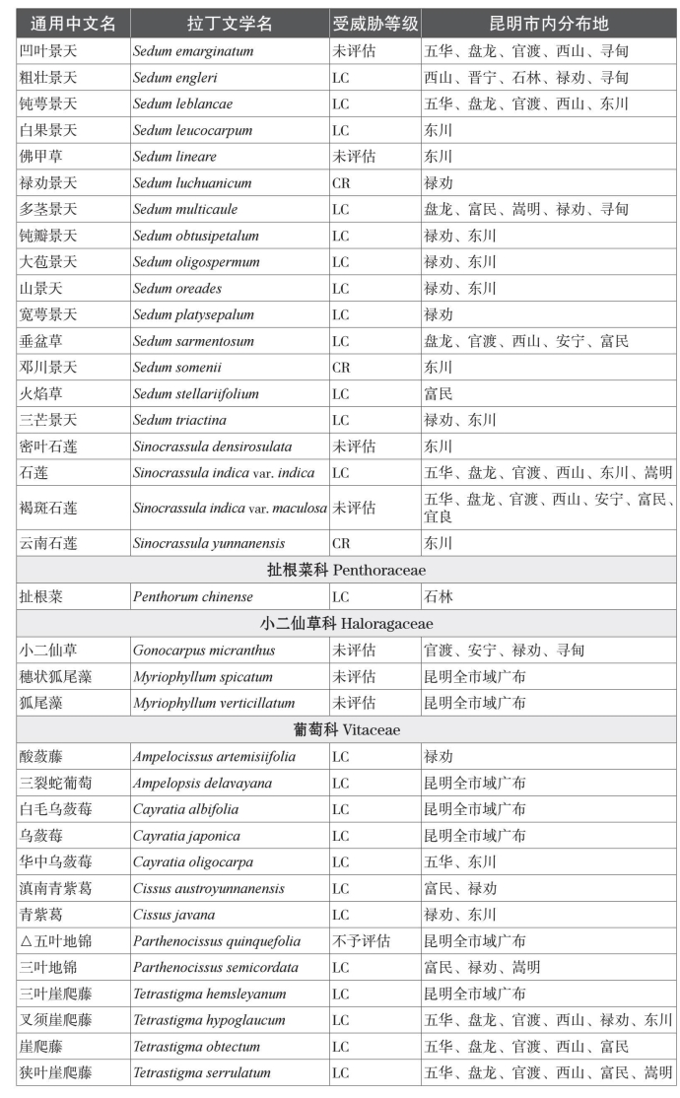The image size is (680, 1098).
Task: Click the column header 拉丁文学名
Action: (x=230, y=23)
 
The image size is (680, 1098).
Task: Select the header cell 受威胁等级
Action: (x=374, y=23)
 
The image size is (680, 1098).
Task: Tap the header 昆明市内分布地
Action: (x=549, y=23)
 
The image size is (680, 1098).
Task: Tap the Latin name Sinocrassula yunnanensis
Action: (x=209, y=543)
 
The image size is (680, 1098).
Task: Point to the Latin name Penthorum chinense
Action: (x=193, y=596)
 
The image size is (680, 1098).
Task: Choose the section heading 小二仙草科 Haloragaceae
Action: (x=346, y=623)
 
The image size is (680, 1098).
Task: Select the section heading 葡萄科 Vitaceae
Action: (x=346, y=730)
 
